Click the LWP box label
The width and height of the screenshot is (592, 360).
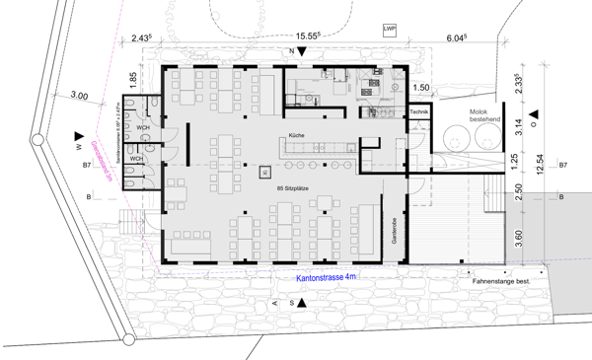[389, 31]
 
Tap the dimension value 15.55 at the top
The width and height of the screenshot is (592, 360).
[291, 36]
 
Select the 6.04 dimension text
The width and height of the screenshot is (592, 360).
[455, 36]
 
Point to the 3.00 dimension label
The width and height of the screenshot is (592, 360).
[80, 96]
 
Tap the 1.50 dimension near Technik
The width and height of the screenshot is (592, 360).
[422, 89]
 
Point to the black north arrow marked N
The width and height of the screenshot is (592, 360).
[305, 50]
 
